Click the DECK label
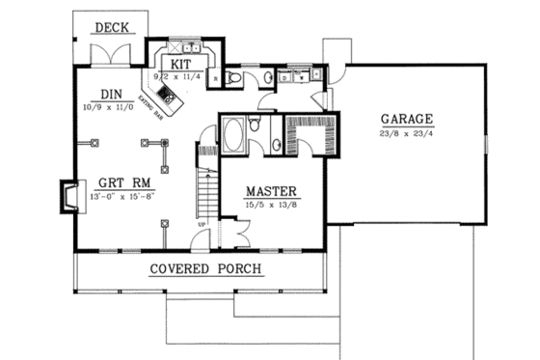113,28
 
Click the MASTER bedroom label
269,190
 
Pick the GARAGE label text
405,121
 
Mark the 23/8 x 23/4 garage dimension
405,136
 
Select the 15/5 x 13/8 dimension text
269,206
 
